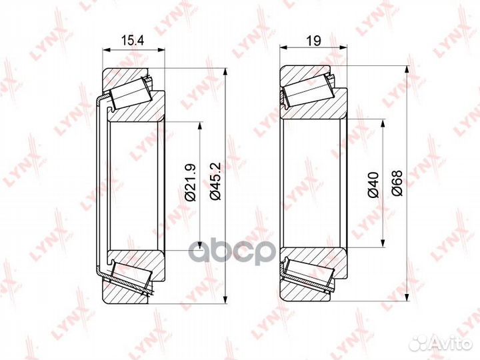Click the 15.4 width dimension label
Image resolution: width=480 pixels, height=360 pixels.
pos(133,41)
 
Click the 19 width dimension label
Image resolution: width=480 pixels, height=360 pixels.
pos(314,41)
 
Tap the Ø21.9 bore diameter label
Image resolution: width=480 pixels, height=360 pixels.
pos(191,183)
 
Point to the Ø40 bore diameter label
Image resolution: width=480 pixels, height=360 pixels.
pos(374,185)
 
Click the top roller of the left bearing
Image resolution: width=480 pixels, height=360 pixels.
pos(131,93)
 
